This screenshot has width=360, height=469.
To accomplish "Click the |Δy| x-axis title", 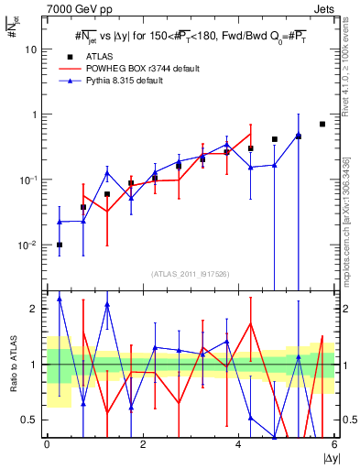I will coord(326,458).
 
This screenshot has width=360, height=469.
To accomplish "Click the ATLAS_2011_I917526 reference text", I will coord(190,274).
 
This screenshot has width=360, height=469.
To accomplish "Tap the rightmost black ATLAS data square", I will coord(322,124).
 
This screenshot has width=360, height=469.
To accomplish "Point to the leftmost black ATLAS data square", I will coord(60,245).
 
